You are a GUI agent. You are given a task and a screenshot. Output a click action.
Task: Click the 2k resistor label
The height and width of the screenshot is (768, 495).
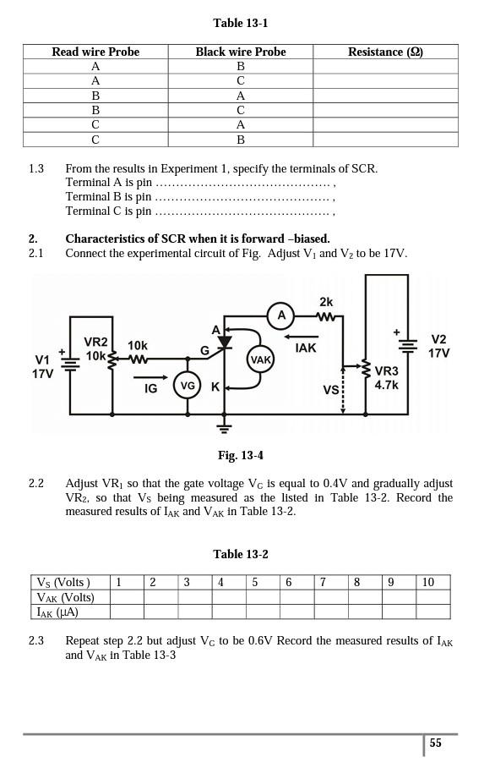click(326, 302)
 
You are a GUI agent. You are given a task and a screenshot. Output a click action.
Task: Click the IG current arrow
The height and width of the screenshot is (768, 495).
click(150, 377)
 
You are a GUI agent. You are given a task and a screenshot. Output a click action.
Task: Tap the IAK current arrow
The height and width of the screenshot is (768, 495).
click(301, 337)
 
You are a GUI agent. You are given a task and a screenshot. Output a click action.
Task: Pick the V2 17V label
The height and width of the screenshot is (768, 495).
click(438, 346)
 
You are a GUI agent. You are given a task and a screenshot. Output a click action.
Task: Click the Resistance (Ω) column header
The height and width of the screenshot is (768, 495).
click(385, 52)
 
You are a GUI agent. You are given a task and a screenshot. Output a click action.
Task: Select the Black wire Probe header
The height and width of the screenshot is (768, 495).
click(241, 52)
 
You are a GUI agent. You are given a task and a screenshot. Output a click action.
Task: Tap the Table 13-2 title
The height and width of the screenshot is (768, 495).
click(241, 555)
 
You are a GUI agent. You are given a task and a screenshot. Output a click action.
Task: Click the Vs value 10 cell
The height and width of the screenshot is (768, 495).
click(432, 583)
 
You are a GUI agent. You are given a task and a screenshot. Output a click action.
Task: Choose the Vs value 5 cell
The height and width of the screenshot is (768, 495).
click(264, 583)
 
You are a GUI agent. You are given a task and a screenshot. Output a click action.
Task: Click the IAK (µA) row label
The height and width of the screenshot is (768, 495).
click(70, 612)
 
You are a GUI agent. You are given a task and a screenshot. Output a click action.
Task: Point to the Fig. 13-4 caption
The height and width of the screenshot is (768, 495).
click(241, 456)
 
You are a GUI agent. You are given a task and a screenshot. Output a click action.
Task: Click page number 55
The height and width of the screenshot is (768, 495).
click(435, 743)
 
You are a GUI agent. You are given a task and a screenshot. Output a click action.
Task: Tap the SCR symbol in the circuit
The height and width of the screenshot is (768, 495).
click(225, 342)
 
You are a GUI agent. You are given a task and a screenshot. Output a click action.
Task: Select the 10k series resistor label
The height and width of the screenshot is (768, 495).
click(138, 346)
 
